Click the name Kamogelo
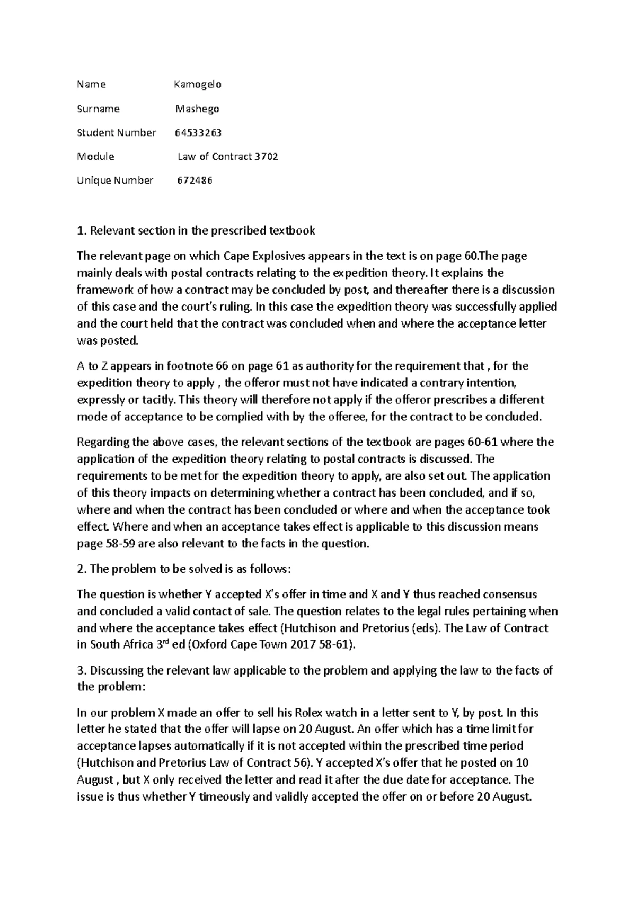198,84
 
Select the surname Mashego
197,109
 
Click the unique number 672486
194,181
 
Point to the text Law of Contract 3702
228,157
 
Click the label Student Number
117,132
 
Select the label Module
95,157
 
